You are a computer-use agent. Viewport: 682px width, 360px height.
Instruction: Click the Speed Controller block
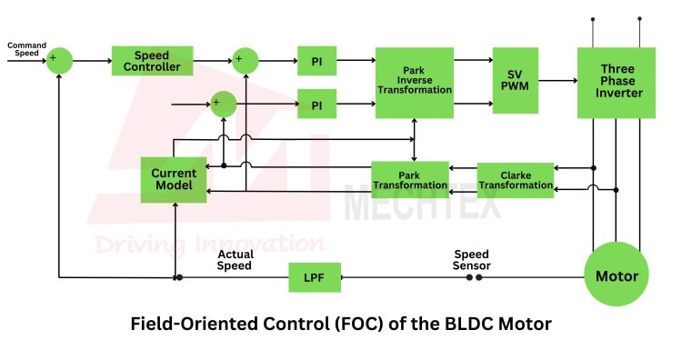coord(152,61)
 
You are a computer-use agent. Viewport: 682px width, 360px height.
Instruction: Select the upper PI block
coord(316,61)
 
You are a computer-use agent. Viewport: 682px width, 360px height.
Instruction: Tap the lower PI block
coord(316,104)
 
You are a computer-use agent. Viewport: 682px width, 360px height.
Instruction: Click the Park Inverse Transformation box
coord(415,83)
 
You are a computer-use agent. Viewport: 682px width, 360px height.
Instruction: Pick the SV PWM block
coord(516,80)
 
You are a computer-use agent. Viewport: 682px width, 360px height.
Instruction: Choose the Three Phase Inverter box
coord(617,83)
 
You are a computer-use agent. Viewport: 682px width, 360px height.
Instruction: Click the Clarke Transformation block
coord(516,180)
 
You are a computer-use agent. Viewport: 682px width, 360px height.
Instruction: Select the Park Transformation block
coord(410,180)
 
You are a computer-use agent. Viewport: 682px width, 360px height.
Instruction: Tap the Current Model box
coord(174,180)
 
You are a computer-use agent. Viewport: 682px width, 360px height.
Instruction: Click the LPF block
coord(315,277)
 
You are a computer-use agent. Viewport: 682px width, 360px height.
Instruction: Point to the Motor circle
coord(617,274)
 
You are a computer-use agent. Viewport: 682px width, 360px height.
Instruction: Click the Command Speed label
coord(26,49)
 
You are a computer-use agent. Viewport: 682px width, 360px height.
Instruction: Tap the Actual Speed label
coord(235,260)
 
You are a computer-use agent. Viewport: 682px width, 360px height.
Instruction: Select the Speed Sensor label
coord(471,260)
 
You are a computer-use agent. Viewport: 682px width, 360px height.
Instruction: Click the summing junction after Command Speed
coord(59,61)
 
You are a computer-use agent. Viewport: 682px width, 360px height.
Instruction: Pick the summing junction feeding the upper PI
coord(246,61)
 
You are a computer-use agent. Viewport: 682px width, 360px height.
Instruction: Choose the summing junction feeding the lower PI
coord(224,105)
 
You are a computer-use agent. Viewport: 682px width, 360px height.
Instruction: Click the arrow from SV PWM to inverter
coord(558,80)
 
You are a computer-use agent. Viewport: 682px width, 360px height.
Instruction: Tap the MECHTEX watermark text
coord(422,203)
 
